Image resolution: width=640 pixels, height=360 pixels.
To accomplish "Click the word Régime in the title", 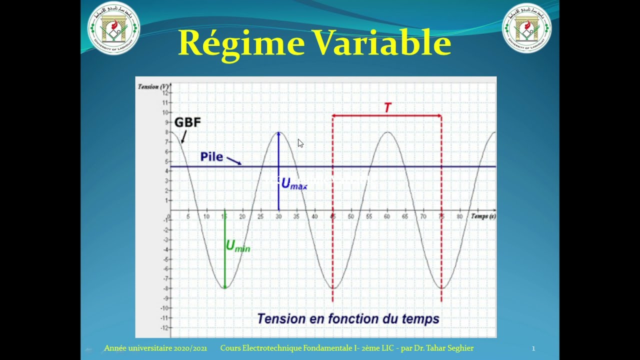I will tap(241, 43).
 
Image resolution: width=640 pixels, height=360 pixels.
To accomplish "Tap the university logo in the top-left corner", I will tap(113, 28).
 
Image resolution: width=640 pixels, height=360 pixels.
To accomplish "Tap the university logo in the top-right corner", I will tap(526, 28).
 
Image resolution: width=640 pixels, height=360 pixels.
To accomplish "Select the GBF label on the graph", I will tap(187, 122).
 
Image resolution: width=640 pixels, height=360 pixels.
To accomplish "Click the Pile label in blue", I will tap(211, 156).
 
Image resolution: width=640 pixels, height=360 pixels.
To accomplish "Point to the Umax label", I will tap(294, 184).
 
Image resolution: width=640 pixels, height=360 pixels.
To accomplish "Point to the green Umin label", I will tap(238, 246).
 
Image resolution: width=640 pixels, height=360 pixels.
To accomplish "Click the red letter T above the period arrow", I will tap(387, 107).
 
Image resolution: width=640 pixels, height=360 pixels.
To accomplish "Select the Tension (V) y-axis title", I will tap(153, 86).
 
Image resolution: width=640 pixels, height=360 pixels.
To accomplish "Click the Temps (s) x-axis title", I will tap(482, 216).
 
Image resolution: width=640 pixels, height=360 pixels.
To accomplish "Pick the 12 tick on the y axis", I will tap(165, 93).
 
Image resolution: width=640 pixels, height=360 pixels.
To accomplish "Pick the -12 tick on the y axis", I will tap(164, 328).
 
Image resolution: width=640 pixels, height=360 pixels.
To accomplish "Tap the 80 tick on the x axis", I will tap(459, 216).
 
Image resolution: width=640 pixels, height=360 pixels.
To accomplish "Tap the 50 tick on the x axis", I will tap(351, 216).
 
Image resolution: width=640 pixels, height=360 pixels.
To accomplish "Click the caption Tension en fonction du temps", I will tap(348, 318).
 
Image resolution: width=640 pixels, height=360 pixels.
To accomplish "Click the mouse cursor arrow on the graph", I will tap(300, 143).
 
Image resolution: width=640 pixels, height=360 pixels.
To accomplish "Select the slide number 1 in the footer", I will tap(533, 348).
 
